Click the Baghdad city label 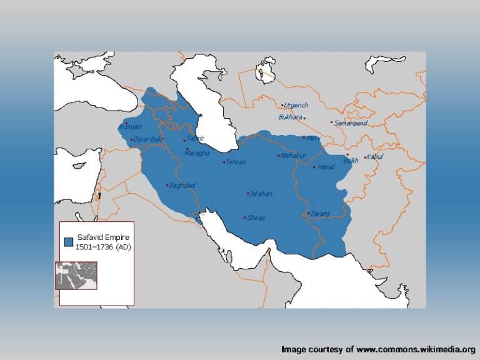(x=183, y=186)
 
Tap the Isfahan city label (x=261, y=194)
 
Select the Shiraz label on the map (x=256, y=218)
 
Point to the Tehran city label (x=236, y=162)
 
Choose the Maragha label (x=197, y=152)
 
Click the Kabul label (x=375, y=156)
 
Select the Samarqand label (x=350, y=123)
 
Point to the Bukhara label (x=290, y=117)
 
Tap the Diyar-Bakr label (x=148, y=139)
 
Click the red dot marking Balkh (x=347, y=154)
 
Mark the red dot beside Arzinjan (x=126, y=122)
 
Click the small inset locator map (x=76, y=276)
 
